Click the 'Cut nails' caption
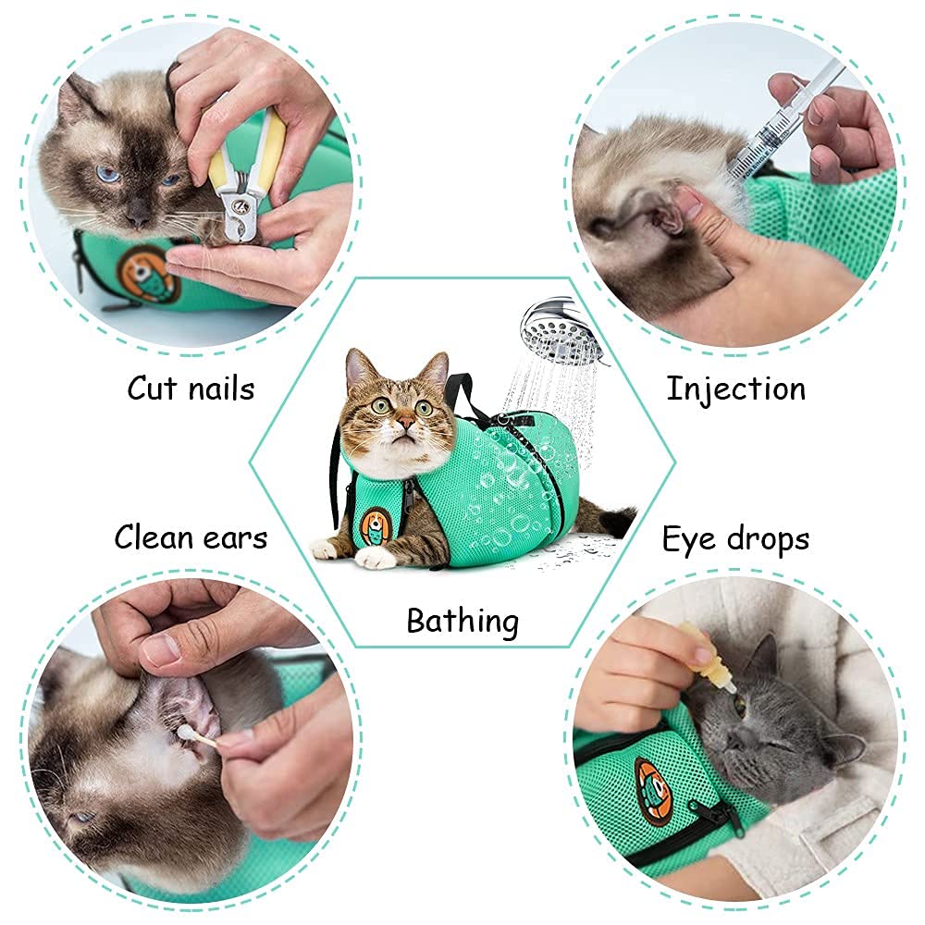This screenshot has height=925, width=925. (191, 388)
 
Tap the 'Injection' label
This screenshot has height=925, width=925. (735, 388)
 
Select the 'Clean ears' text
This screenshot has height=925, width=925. (191, 536)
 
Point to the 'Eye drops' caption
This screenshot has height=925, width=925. (735, 538)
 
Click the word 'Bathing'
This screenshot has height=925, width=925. (462, 620)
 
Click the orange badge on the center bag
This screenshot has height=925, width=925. (375, 525)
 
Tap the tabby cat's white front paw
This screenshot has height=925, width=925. (376, 557)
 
